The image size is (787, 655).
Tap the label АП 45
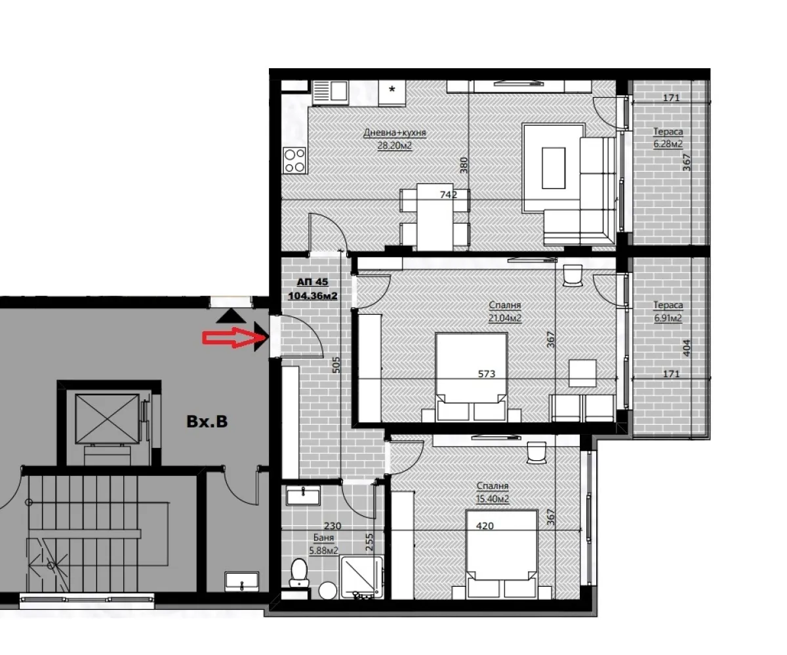[x=312, y=282]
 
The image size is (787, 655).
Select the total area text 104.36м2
[x=312, y=296]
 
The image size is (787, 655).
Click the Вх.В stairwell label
[x=207, y=422]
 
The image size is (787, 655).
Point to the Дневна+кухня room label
[x=395, y=133]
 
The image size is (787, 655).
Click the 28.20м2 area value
[x=395, y=146]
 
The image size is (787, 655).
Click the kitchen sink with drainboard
[x=331, y=92]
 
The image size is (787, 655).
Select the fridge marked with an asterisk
[x=392, y=92]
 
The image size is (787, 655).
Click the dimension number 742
[x=449, y=194]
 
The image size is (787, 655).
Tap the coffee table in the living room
[x=554, y=167]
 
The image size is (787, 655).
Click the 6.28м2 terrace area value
[x=668, y=144]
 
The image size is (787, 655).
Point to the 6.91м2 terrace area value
[x=668, y=319]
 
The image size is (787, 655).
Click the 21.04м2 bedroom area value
[x=504, y=318]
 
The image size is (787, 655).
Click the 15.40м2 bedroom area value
[x=493, y=498]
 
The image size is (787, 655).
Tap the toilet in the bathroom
[x=300, y=572]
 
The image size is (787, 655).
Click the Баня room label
[x=323, y=538]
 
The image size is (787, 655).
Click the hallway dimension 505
[x=336, y=365]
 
